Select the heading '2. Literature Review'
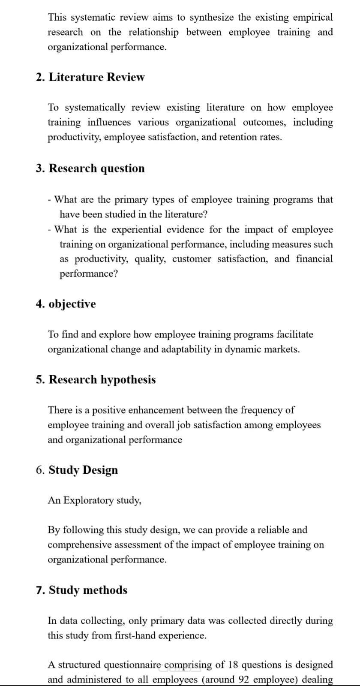pos(90,78)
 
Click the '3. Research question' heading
pos(90,168)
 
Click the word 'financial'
pos(314,259)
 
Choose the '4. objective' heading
pos(66,304)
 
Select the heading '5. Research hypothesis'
pos(96,380)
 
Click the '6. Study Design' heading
pos(77,470)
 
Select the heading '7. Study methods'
pos(81,590)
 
